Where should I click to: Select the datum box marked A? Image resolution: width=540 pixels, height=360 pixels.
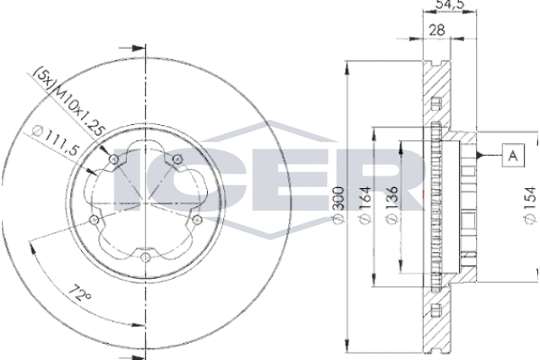click(x=511, y=156)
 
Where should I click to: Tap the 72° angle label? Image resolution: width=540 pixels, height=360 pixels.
click(x=81, y=292)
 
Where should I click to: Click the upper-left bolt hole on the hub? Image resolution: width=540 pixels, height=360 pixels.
click(x=113, y=162)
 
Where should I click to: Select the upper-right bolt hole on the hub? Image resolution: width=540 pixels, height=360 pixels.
click(x=177, y=161)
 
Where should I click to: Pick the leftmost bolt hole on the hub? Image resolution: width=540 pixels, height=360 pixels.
click(x=94, y=219)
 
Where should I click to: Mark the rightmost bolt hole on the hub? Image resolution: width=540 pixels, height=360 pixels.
click(x=197, y=219)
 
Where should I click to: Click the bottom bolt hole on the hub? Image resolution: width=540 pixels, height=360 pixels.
click(x=146, y=256)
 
